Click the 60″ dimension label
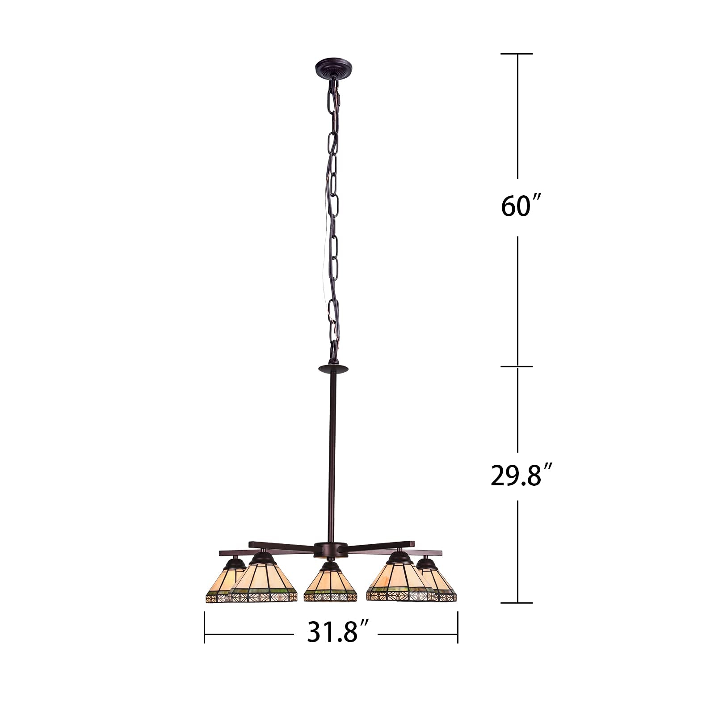[x=518, y=207]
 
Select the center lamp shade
[x=330, y=583]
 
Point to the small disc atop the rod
[x=333, y=369]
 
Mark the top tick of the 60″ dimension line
[x=517, y=54]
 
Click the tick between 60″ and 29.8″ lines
[x=517, y=366]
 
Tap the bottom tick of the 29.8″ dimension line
[x=517, y=602]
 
